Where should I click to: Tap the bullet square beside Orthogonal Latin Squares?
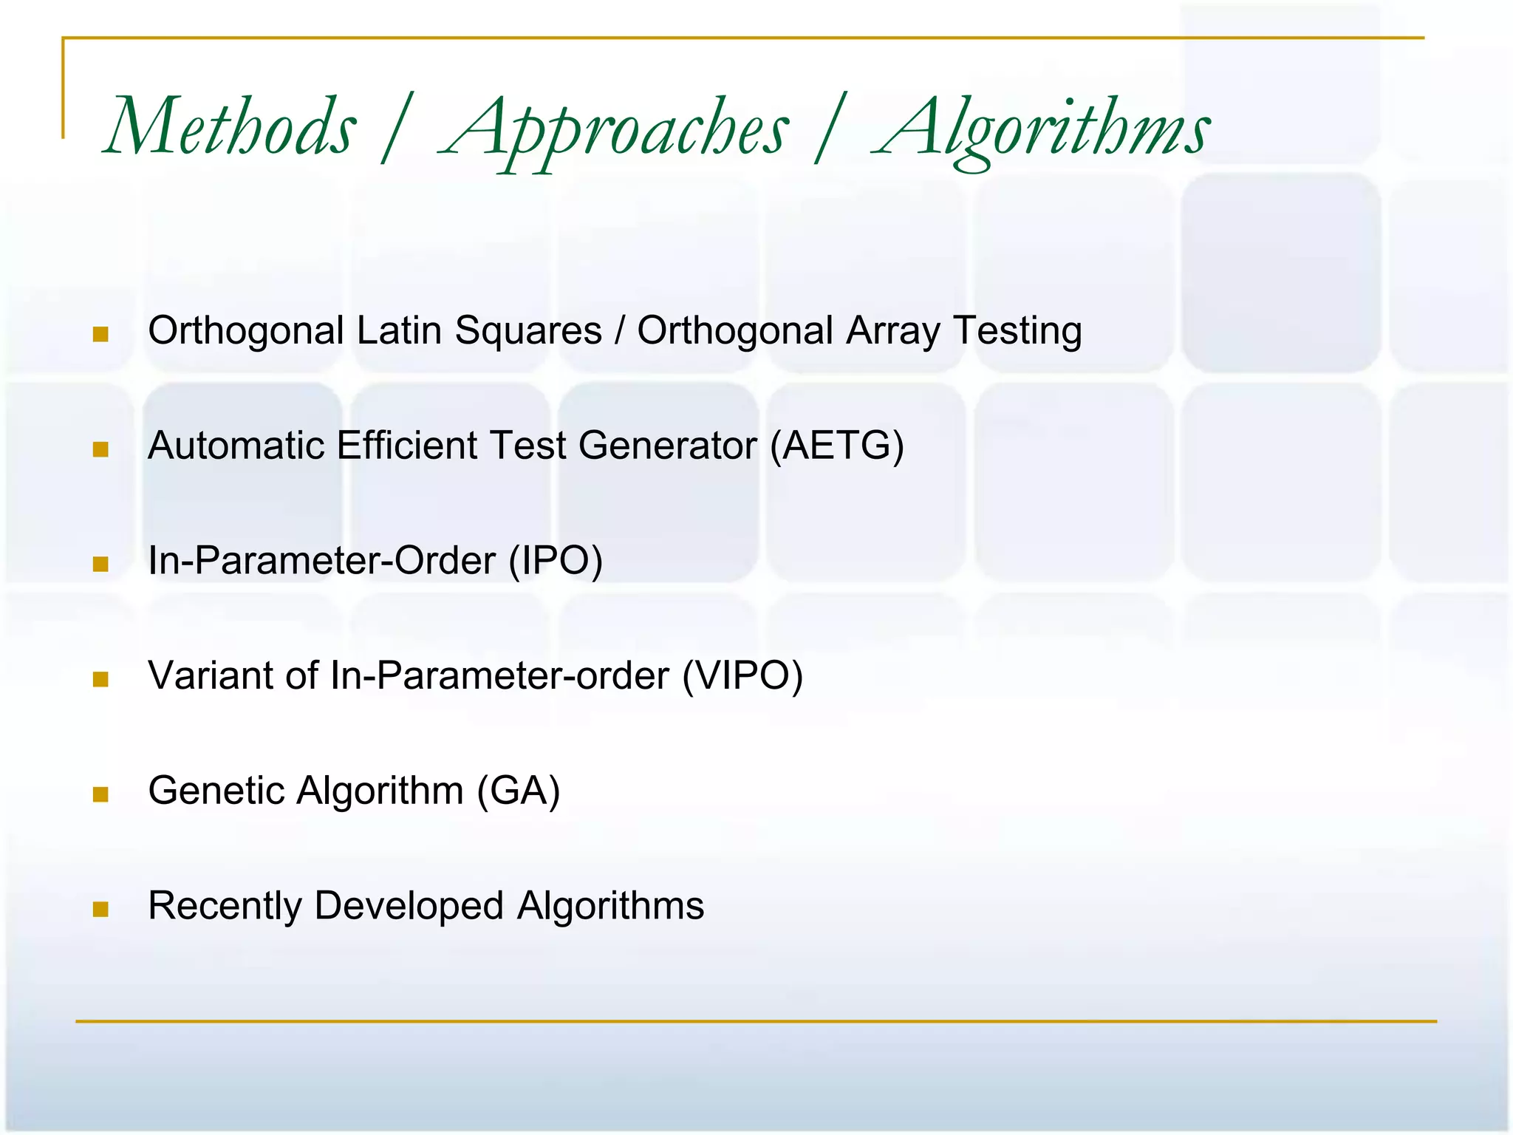101,335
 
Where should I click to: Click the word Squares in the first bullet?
528,330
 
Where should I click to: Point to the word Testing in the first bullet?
1017,330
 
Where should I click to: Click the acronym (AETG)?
836,446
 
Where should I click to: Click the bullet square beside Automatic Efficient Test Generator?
101,450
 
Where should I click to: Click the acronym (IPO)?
556,561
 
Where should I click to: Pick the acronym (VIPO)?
742,675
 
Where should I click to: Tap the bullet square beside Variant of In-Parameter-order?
101,680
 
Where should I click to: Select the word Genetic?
216,791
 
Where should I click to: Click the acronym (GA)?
519,791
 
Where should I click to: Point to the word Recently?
225,906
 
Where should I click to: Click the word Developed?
409,906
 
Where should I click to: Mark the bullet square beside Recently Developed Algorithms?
101,910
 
